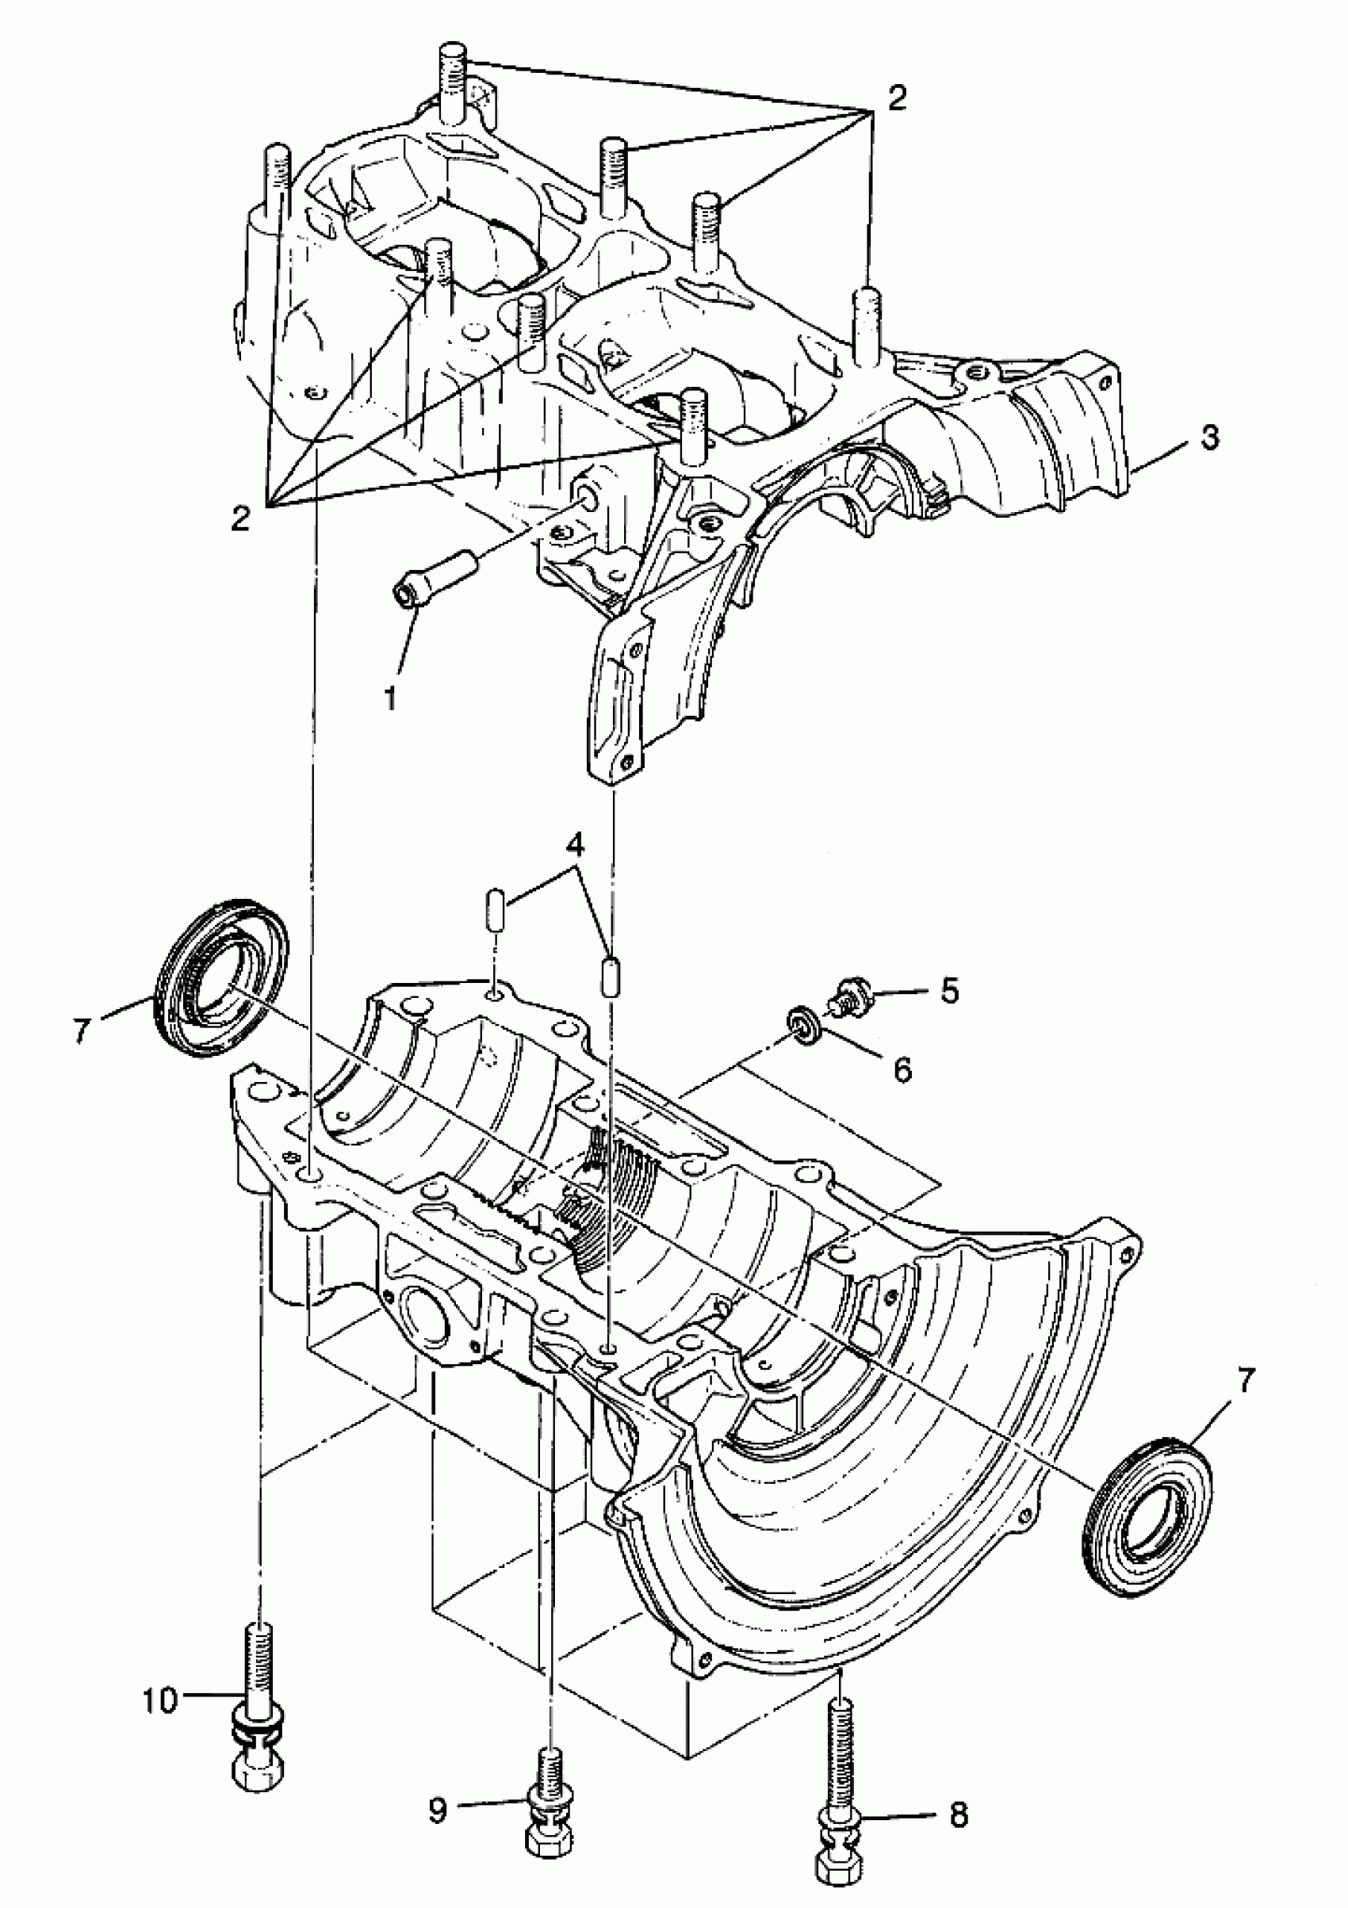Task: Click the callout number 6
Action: [x=902, y=1069]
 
